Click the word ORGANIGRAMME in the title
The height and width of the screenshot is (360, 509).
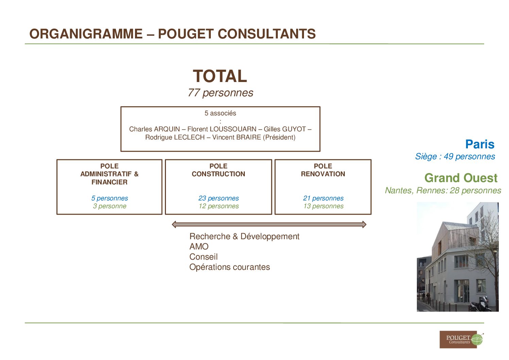tap(86, 34)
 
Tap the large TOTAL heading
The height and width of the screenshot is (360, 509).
tap(220, 76)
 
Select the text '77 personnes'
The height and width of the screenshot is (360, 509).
tap(220, 93)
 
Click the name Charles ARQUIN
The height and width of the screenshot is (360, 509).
tap(154, 129)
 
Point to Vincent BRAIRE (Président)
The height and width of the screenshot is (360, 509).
tap(254, 137)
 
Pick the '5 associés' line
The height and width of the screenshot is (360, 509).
tap(220, 113)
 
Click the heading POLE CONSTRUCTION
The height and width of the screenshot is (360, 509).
tap(218, 170)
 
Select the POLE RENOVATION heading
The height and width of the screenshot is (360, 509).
tap(323, 170)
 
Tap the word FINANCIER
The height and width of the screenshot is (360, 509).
tap(109, 182)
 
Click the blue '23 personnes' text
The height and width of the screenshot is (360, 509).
tap(219, 198)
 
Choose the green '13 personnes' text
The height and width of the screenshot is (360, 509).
tap(323, 206)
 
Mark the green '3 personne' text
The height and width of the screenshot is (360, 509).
tap(109, 206)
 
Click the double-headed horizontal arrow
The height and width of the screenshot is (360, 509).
tap(269, 225)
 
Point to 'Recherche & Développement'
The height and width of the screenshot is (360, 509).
tap(244, 236)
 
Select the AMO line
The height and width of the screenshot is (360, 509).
tap(199, 246)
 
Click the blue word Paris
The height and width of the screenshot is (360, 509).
tap(480, 144)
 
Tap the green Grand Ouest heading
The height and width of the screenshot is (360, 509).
tap(461, 178)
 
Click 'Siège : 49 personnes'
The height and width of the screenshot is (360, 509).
tap(455, 157)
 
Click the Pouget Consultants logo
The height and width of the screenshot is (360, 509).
tap(461, 339)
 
